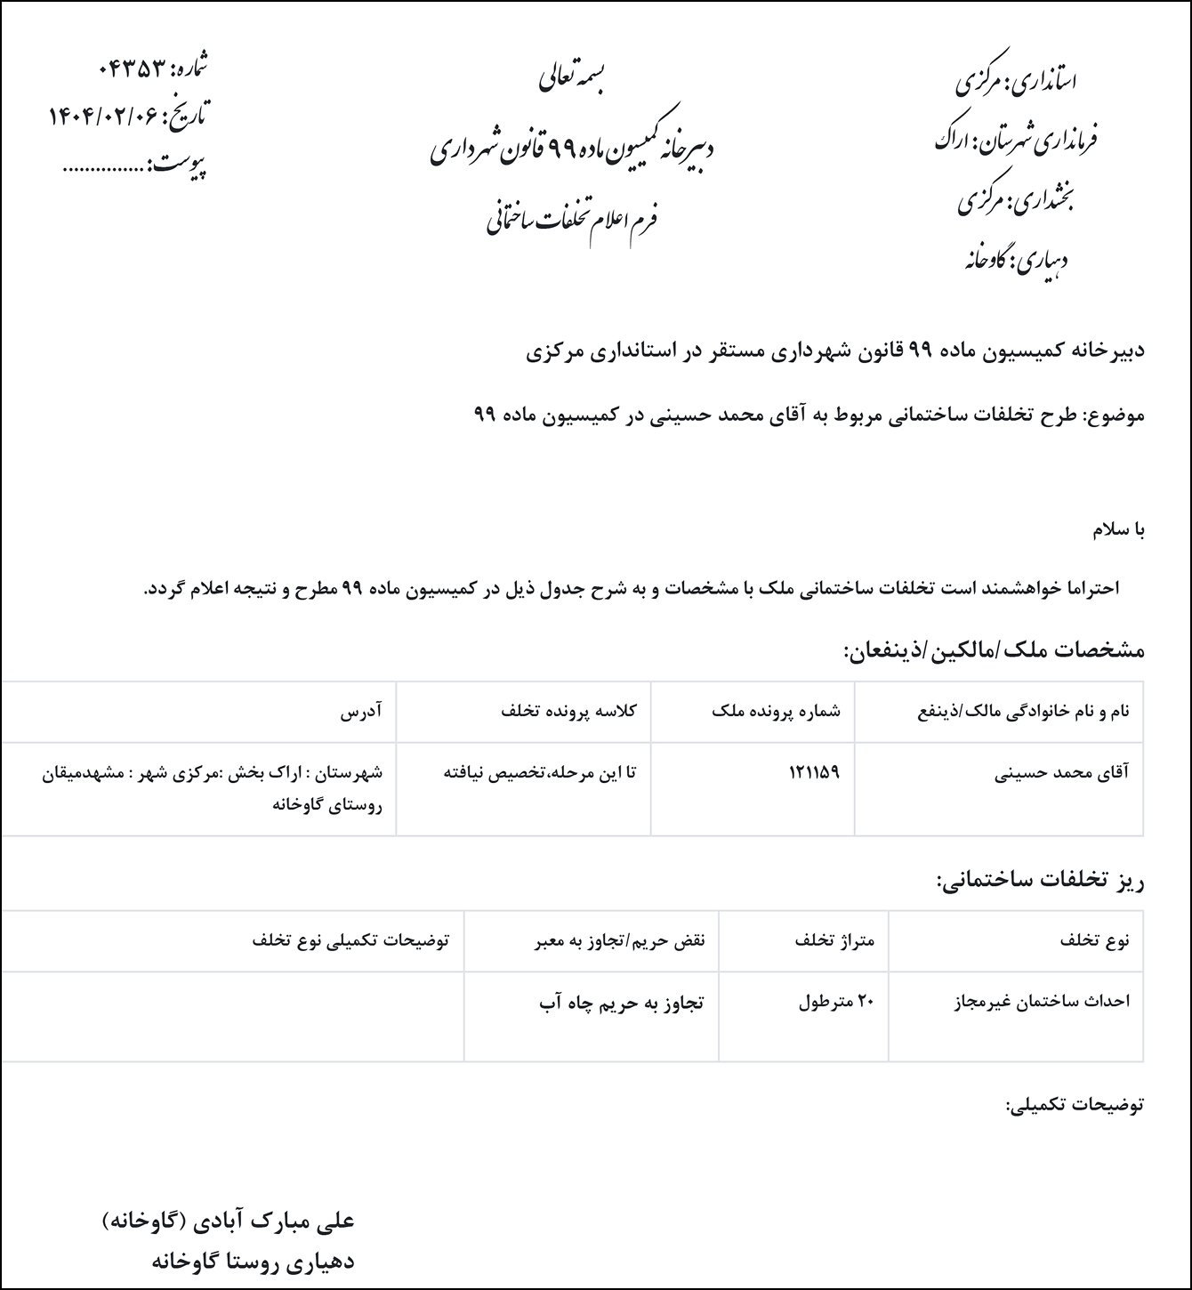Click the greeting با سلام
click(x=1118, y=531)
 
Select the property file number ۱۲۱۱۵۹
click(x=814, y=772)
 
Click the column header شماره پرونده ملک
click(x=777, y=712)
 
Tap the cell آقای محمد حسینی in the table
click(x=1061, y=772)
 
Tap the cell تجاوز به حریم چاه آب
click(x=622, y=1003)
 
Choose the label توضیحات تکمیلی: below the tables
click(x=1075, y=1106)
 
